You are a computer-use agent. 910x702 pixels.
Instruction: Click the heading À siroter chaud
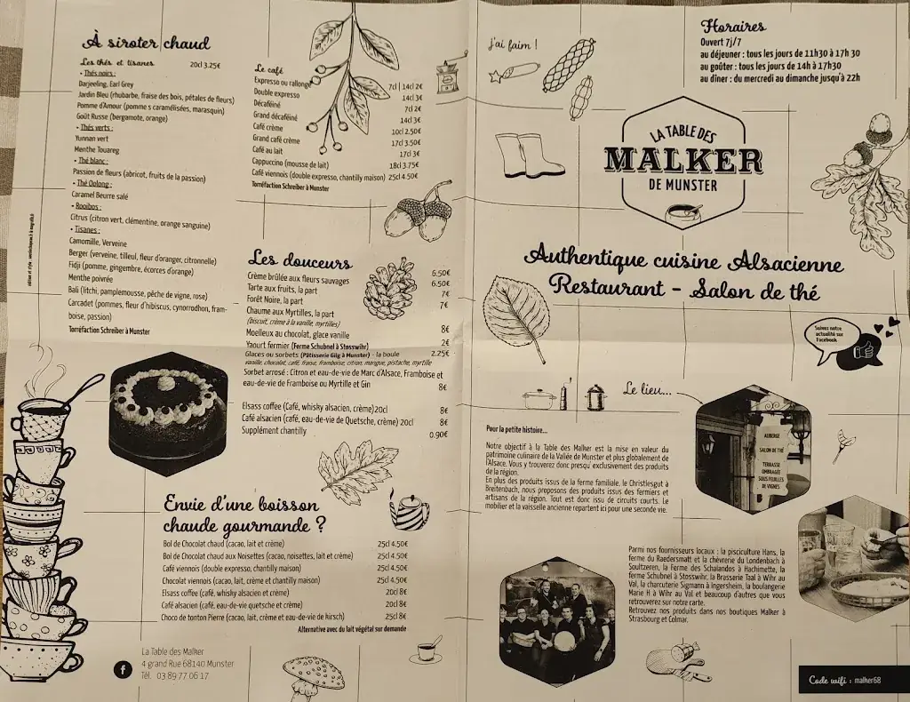point(146,42)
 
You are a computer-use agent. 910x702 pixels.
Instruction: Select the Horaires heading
point(733,26)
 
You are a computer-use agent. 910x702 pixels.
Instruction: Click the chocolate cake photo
point(168,414)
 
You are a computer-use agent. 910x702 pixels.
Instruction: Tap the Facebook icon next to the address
point(122,669)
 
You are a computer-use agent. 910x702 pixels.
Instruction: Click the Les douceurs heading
point(300,261)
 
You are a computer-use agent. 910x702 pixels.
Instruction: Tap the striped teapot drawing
point(410,512)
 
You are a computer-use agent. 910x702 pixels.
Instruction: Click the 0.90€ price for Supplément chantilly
point(438,435)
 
